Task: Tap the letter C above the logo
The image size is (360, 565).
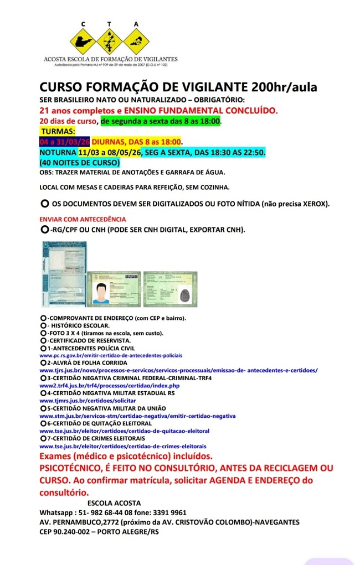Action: pyautogui.click(x=84, y=24)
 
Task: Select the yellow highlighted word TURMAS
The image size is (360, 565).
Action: pyautogui.click(x=58, y=132)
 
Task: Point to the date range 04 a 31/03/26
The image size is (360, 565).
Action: pyautogui.click(x=65, y=142)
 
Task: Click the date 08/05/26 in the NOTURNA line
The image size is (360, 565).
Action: pyautogui.click(x=126, y=152)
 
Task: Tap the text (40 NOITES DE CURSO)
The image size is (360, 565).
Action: pyautogui.click(x=80, y=163)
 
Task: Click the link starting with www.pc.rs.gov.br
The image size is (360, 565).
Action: pyautogui.click(x=111, y=355)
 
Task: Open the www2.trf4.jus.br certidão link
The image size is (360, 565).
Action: pyautogui.click(x=110, y=385)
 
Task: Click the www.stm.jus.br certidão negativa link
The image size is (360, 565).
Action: pyautogui.click(x=137, y=415)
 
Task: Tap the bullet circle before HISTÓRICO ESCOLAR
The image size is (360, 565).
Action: pyautogui.click(x=43, y=326)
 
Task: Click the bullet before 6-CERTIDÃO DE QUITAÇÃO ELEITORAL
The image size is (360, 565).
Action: pyautogui.click(x=43, y=423)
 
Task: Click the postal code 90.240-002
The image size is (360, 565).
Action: pyautogui.click(x=77, y=532)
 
